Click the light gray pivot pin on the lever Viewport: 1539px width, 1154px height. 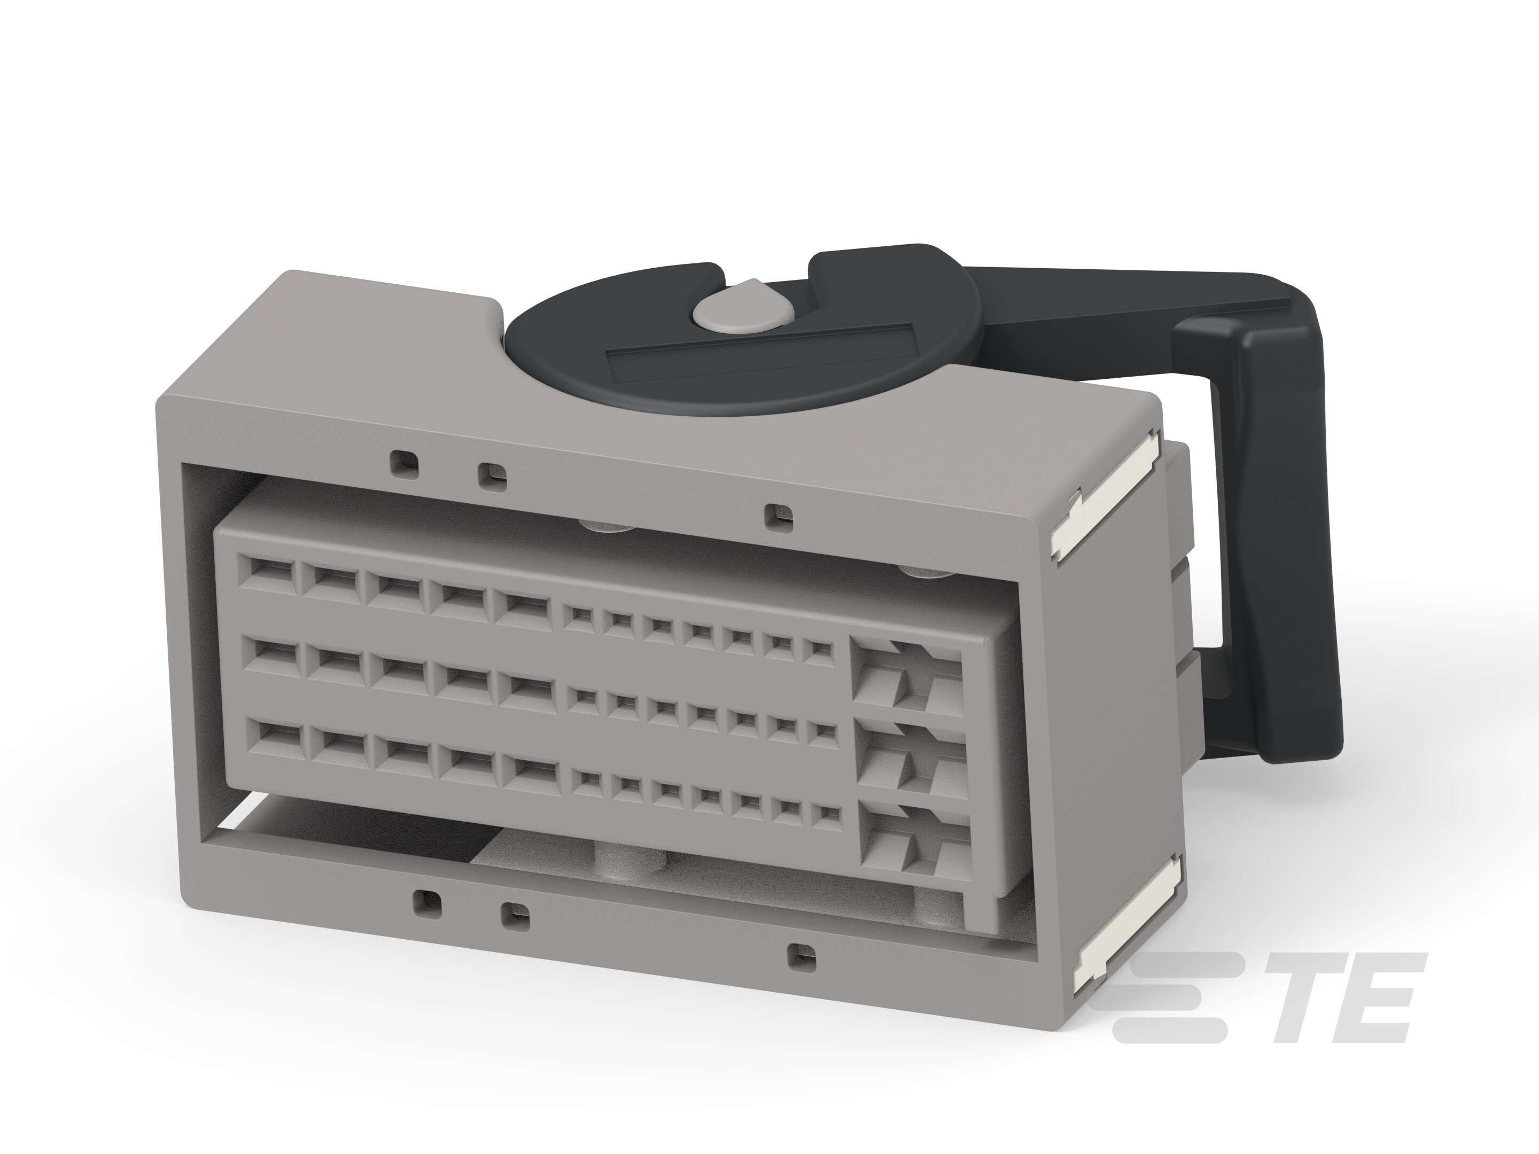tap(740, 309)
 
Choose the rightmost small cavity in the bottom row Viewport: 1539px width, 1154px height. tap(826, 815)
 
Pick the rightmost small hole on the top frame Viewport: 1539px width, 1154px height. tap(772, 516)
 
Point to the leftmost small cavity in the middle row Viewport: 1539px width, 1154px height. tap(578, 698)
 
